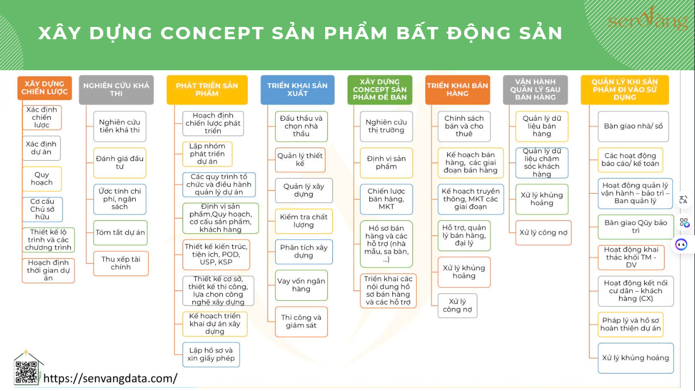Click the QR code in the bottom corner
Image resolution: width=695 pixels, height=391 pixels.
click(26, 372)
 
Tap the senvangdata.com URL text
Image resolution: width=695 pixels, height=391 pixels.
click(110, 378)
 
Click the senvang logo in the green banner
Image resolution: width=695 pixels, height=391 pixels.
click(648, 19)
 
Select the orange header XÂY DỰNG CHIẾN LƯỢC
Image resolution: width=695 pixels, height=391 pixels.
click(44, 88)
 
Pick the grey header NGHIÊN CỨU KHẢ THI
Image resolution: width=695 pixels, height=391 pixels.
click(116, 90)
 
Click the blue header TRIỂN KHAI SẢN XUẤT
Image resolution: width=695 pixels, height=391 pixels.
click(297, 90)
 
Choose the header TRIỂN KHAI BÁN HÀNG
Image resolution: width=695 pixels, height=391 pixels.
click(457, 90)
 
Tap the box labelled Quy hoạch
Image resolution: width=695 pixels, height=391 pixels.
click(42, 179)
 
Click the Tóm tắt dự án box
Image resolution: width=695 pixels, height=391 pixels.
click(120, 233)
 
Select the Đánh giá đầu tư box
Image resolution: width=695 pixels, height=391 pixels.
click(120, 163)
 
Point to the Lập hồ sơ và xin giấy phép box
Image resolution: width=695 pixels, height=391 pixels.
click(211, 354)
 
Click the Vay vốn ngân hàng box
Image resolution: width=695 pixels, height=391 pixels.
click(301, 285)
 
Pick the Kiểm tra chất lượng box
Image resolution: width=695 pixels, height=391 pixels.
click(303, 221)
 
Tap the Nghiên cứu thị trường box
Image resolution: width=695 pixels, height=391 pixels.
click(386, 126)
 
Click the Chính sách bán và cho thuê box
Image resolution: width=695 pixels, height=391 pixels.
click(464, 126)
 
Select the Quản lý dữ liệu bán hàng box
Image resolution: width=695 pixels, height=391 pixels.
click(542, 126)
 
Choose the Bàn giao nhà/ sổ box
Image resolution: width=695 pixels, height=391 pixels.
click(633, 126)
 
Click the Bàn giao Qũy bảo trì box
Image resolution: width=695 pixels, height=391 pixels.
click(636, 227)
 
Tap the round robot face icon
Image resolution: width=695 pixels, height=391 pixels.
click(681, 245)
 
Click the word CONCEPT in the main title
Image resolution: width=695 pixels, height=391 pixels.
click(212, 33)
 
